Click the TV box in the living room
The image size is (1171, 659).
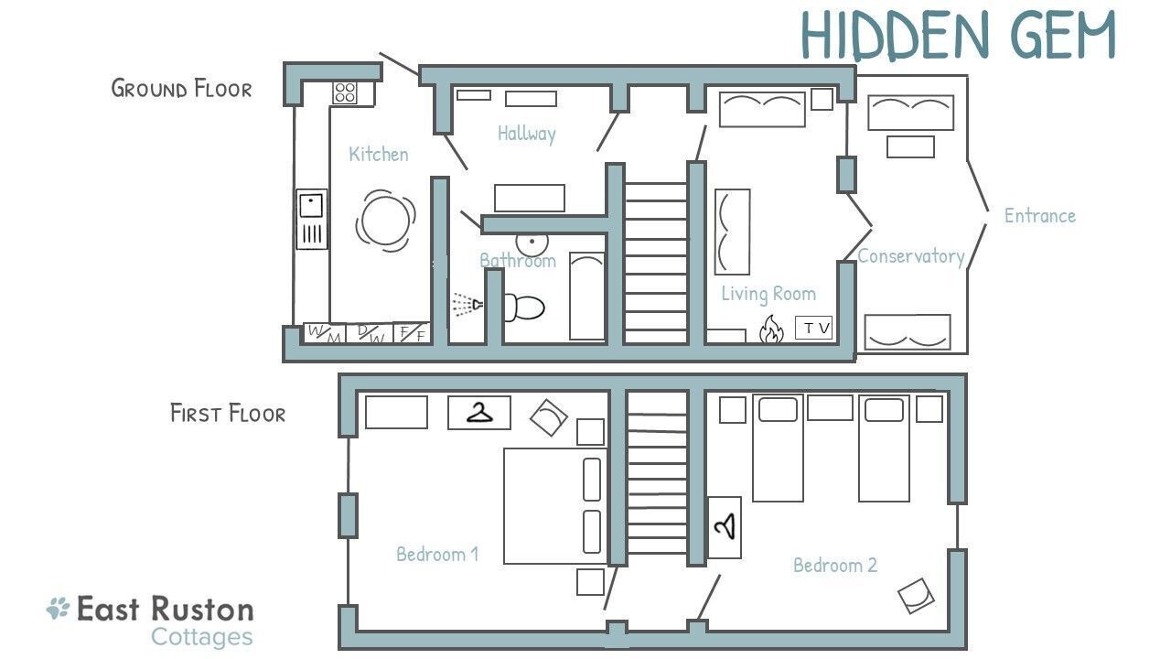(813, 328)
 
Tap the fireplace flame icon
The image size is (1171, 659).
(771, 329)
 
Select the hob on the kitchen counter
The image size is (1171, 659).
(345, 92)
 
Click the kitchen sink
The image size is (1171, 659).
(312, 219)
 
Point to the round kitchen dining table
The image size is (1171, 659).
(386, 221)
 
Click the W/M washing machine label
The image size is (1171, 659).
(324, 334)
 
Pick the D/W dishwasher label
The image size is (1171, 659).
(370, 334)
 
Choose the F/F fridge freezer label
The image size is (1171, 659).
(412, 333)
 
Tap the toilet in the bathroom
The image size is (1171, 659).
(523, 307)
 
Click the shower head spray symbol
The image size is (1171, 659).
(467, 305)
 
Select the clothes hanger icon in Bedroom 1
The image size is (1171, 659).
(479, 413)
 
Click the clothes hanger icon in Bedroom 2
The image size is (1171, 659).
(725, 526)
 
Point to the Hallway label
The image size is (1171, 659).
(526, 134)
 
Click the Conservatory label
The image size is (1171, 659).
(911, 255)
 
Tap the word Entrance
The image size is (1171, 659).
(1040, 215)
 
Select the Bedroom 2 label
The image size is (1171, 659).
(835, 565)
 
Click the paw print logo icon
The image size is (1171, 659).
(58, 609)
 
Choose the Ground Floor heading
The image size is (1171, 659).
(181, 89)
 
